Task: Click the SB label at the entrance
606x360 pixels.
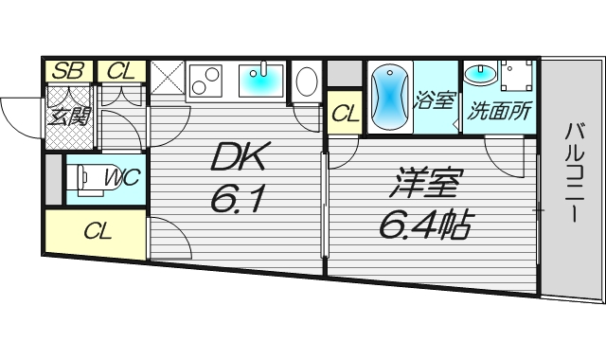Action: click(x=65, y=70)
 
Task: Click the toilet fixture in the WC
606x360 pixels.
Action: click(x=86, y=176)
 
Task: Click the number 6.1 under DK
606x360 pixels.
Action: click(x=236, y=199)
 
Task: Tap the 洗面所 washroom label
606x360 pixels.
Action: click(x=499, y=109)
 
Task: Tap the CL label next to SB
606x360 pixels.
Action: click(x=120, y=70)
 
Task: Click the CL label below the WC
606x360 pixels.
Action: click(x=95, y=231)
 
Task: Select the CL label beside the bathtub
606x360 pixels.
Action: click(x=345, y=114)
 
